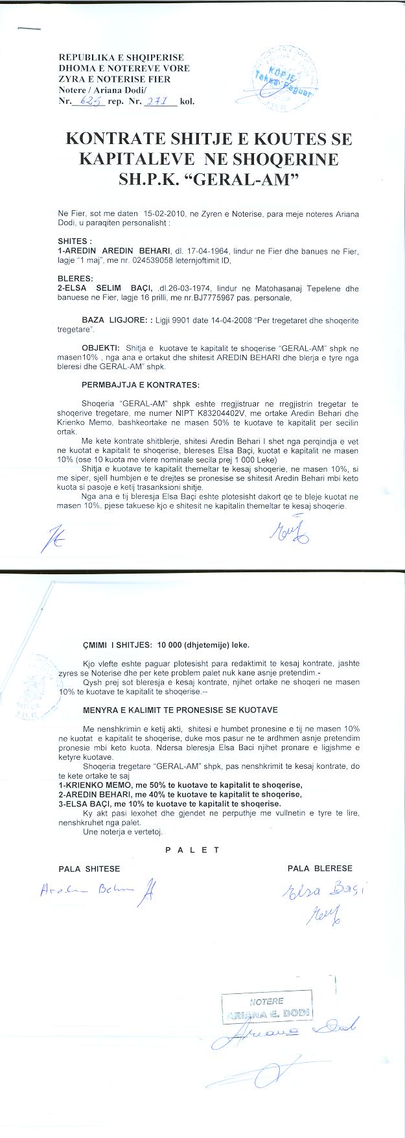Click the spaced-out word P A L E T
tap(192, 850)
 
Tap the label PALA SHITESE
tap(89, 869)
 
